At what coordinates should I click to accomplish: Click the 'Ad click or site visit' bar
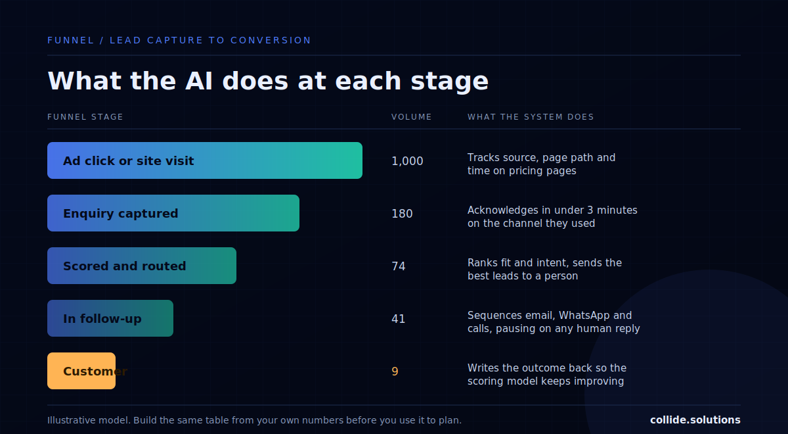point(205,160)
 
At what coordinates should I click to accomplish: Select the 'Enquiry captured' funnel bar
point(173,213)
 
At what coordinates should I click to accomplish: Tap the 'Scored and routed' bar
point(142,266)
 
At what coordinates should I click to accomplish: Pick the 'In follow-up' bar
point(110,318)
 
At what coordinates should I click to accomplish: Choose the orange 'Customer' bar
point(81,371)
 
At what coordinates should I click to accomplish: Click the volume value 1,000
point(407,161)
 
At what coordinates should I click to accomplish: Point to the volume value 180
point(402,214)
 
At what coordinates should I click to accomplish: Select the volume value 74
point(399,266)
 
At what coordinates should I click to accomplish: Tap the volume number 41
point(399,319)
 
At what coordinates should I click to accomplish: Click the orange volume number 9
point(395,372)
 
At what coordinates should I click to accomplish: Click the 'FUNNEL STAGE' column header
point(85,117)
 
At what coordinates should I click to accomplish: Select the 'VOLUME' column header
point(412,117)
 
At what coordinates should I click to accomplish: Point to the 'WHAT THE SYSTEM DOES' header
point(531,117)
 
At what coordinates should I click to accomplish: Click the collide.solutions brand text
point(695,420)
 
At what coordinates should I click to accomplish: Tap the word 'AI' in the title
point(199,81)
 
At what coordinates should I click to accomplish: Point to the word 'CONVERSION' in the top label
point(271,40)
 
